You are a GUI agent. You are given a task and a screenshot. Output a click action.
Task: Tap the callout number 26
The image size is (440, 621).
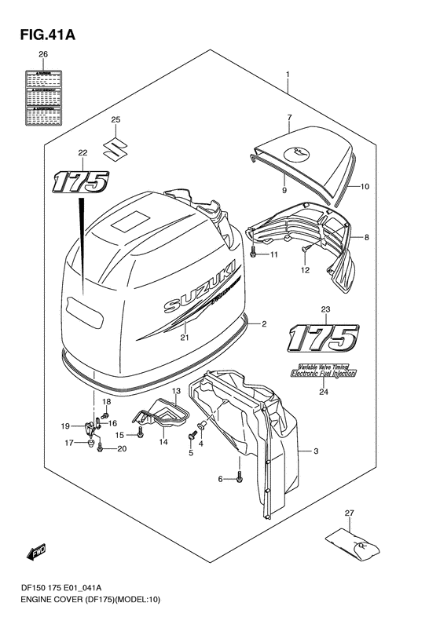pos(43,55)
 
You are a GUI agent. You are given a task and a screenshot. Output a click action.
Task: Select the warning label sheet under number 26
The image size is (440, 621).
pos(43,97)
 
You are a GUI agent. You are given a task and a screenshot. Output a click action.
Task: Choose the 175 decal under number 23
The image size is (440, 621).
pos(321,338)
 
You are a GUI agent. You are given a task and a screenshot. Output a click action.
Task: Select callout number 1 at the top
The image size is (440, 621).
pos(288,76)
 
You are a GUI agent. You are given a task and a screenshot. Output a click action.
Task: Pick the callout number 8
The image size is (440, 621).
pos(366,236)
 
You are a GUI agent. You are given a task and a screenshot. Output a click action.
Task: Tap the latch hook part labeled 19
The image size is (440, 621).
pos(90,427)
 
